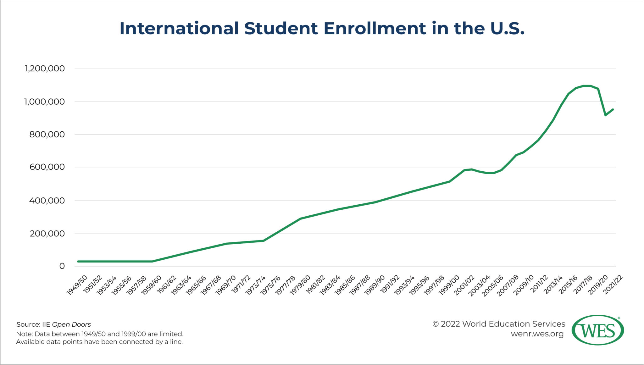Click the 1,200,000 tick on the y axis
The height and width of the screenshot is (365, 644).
[45, 69]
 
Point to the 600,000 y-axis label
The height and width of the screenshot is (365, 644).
[47, 167]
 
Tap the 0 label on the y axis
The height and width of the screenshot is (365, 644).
[62, 266]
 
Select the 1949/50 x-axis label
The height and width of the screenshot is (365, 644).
[77, 285]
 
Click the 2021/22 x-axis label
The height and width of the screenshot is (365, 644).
[613, 285]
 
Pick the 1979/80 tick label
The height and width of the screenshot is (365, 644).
[300, 285]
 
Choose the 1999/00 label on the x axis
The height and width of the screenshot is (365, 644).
[449, 285]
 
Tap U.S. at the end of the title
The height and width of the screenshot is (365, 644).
[507, 28]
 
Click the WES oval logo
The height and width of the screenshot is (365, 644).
[597, 330]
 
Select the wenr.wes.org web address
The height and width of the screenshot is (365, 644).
[537, 334]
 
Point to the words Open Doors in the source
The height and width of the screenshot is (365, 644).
[71, 324]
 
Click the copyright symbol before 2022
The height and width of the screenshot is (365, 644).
[435, 324]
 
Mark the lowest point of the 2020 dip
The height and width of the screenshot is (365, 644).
[606, 115]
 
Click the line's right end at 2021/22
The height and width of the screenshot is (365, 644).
[613, 109]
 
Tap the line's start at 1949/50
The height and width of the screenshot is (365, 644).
[78, 261]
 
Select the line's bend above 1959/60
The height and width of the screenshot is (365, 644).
[152, 261]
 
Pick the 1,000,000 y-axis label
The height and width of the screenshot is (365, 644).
[45, 102]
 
